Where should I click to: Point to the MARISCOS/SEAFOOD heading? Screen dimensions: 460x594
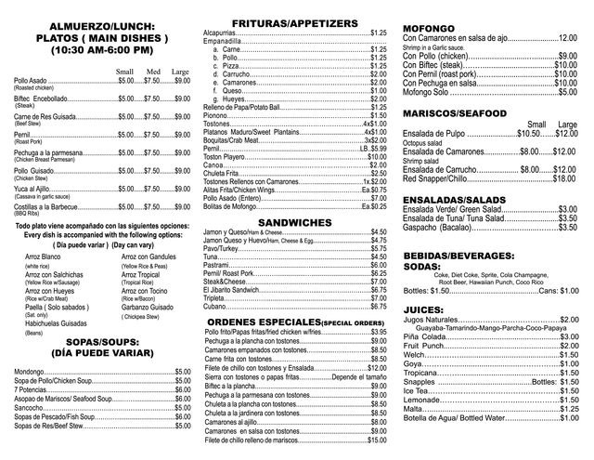tap(455, 112)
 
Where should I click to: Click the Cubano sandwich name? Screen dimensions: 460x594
tap(215, 306)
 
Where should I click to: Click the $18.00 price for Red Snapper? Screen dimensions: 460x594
tap(565, 177)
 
